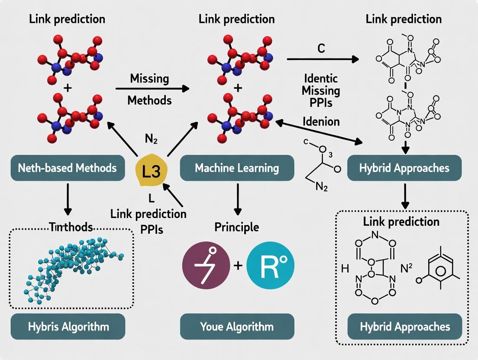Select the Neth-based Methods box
point(67,167)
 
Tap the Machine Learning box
point(237,168)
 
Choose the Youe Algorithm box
point(237,326)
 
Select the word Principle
point(237,227)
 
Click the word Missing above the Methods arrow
point(149,79)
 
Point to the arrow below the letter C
point(323,59)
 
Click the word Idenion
point(321,122)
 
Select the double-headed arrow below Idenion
point(318,132)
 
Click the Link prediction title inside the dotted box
point(401,222)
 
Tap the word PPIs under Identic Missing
point(321,104)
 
